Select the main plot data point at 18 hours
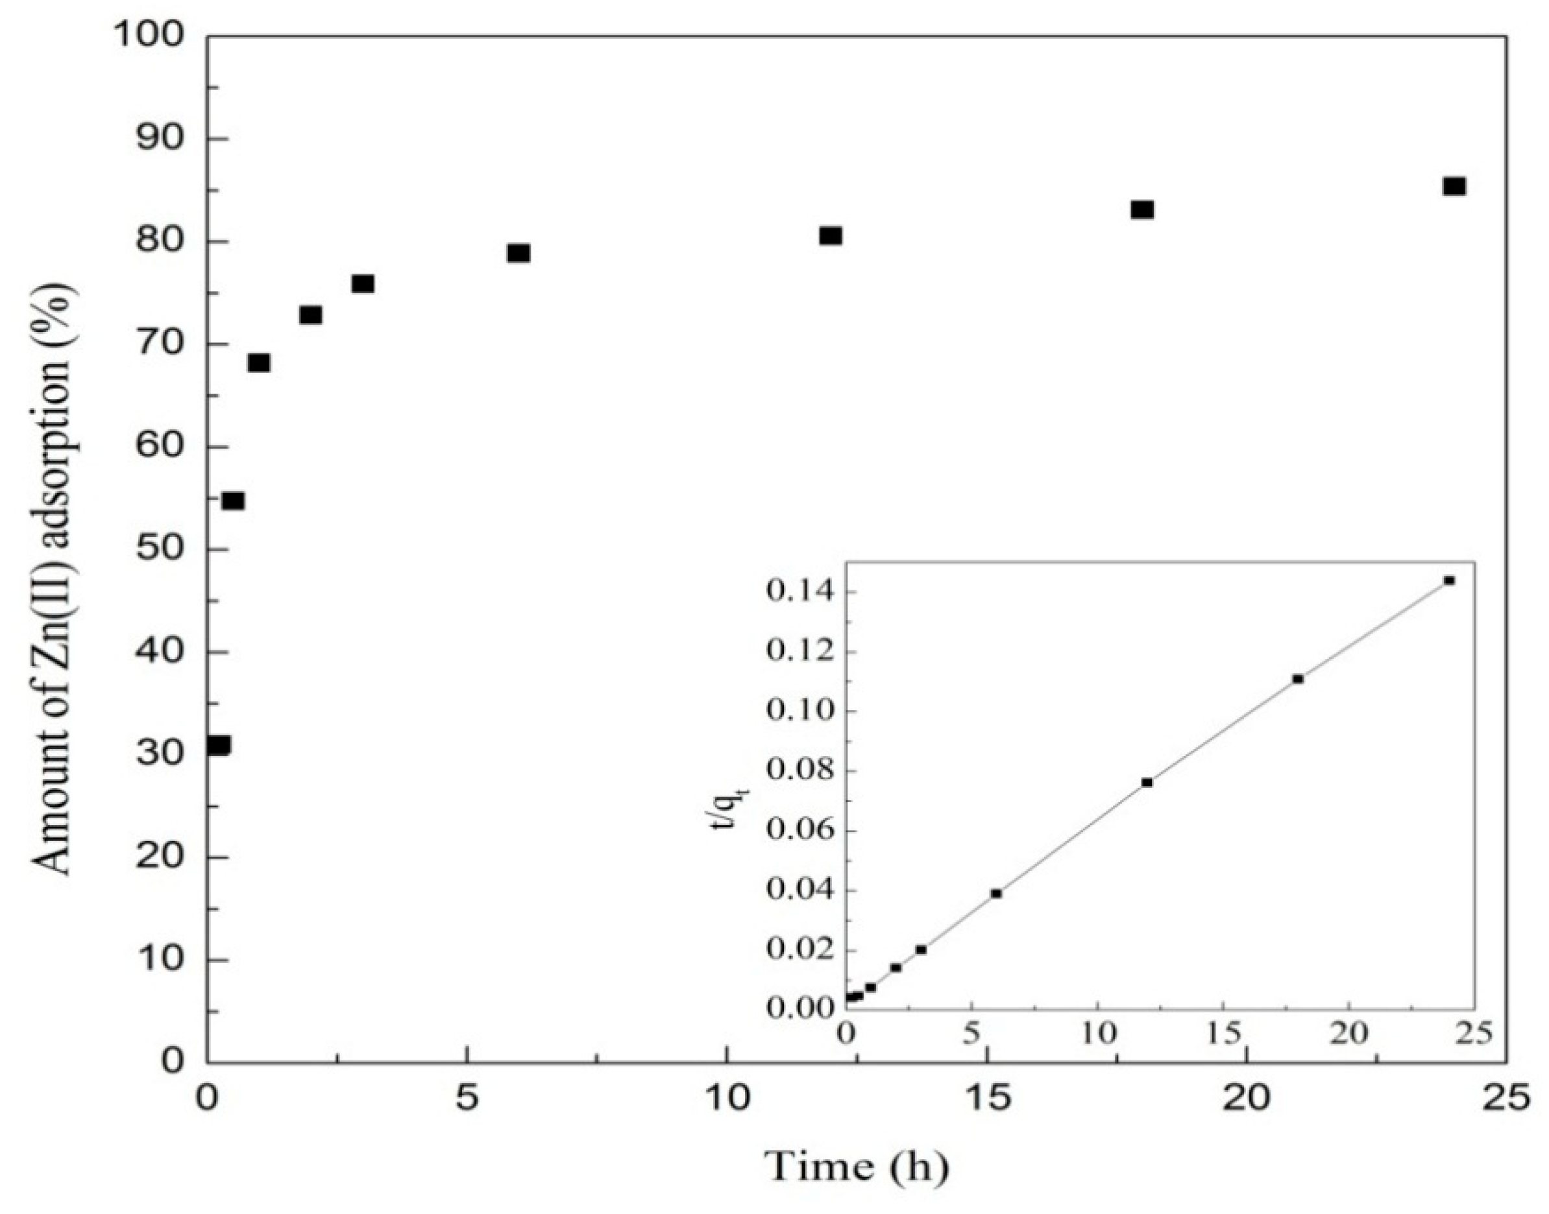point(1142,209)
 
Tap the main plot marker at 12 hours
point(831,235)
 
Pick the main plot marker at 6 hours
point(518,253)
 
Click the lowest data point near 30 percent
point(218,745)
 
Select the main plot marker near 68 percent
point(259,363)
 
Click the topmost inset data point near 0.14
point(1450,580)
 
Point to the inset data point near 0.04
point(996,894)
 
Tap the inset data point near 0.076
point(1147,783)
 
